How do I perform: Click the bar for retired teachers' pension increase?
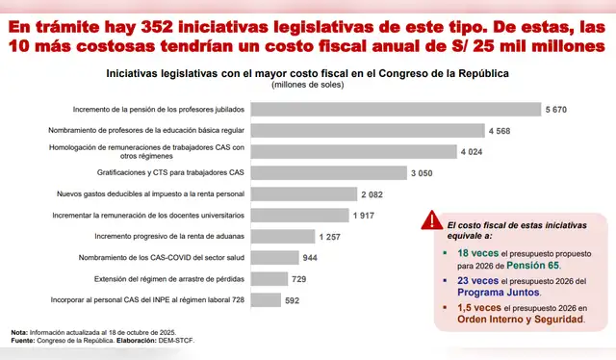(x=395, y=109)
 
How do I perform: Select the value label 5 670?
(x=556, y=109)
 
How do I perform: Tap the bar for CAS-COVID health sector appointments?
(x=273, y=258)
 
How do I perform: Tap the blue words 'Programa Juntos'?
(x=494, y=294)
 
